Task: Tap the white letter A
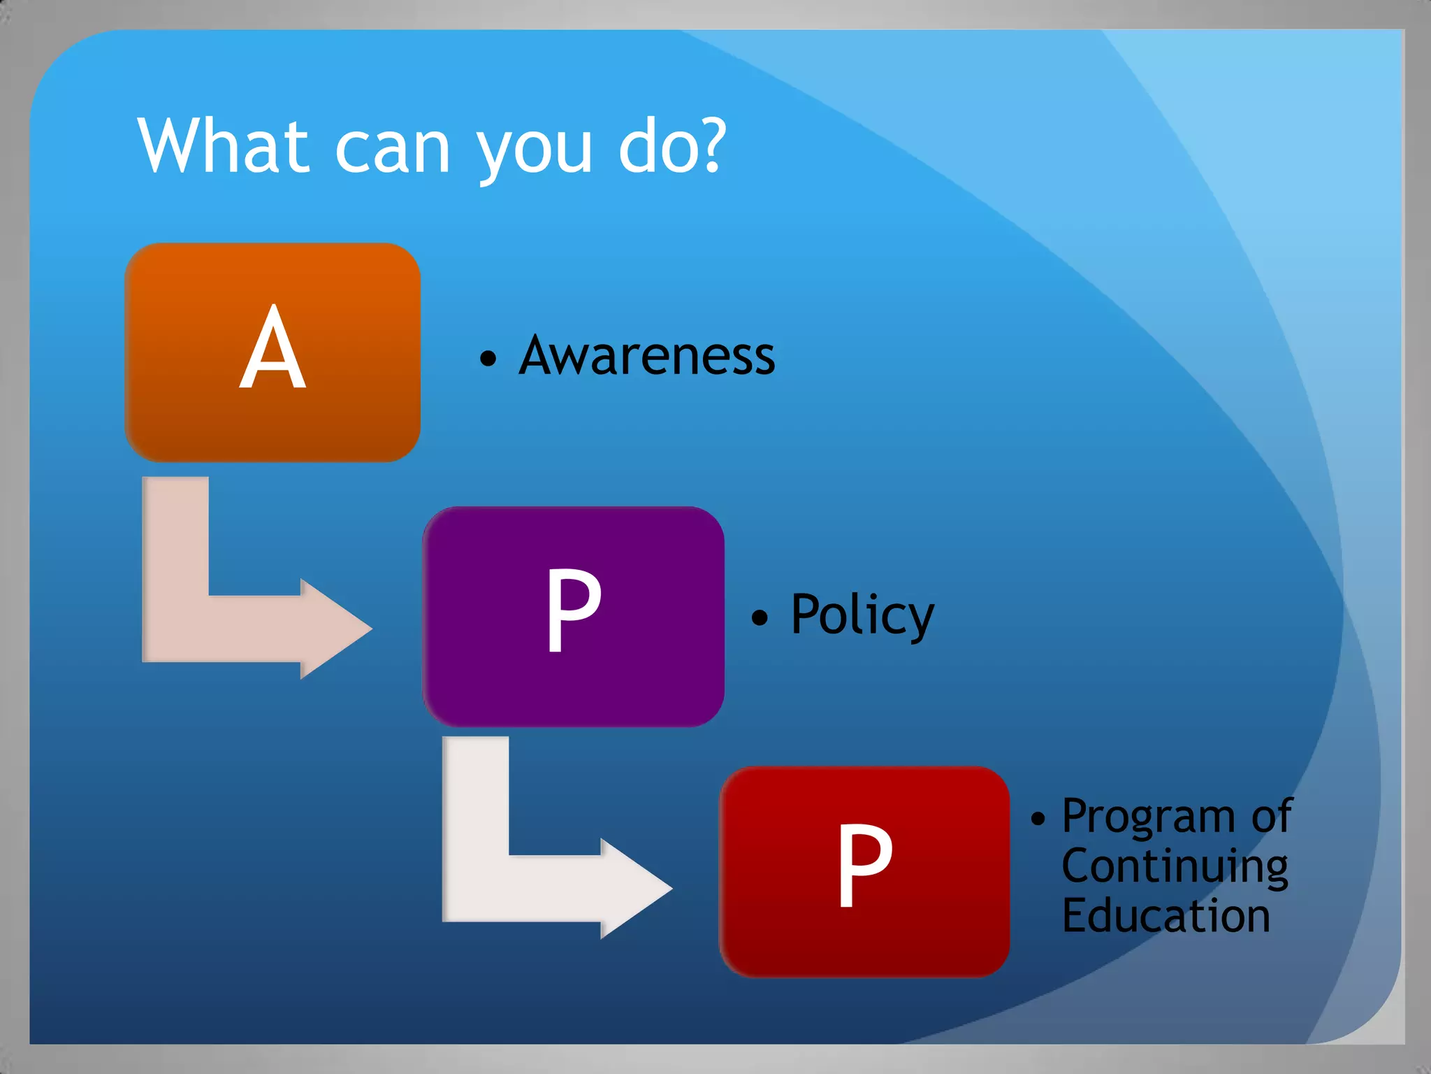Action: point(273,348)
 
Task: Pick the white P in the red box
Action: point(865,865)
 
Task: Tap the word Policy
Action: point(862,615)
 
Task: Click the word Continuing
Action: point(1175,867)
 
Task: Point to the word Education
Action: point(1165,916)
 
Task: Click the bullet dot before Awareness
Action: point(488,359)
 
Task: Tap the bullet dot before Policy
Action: point(760,617)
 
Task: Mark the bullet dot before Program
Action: point(1038,819)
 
